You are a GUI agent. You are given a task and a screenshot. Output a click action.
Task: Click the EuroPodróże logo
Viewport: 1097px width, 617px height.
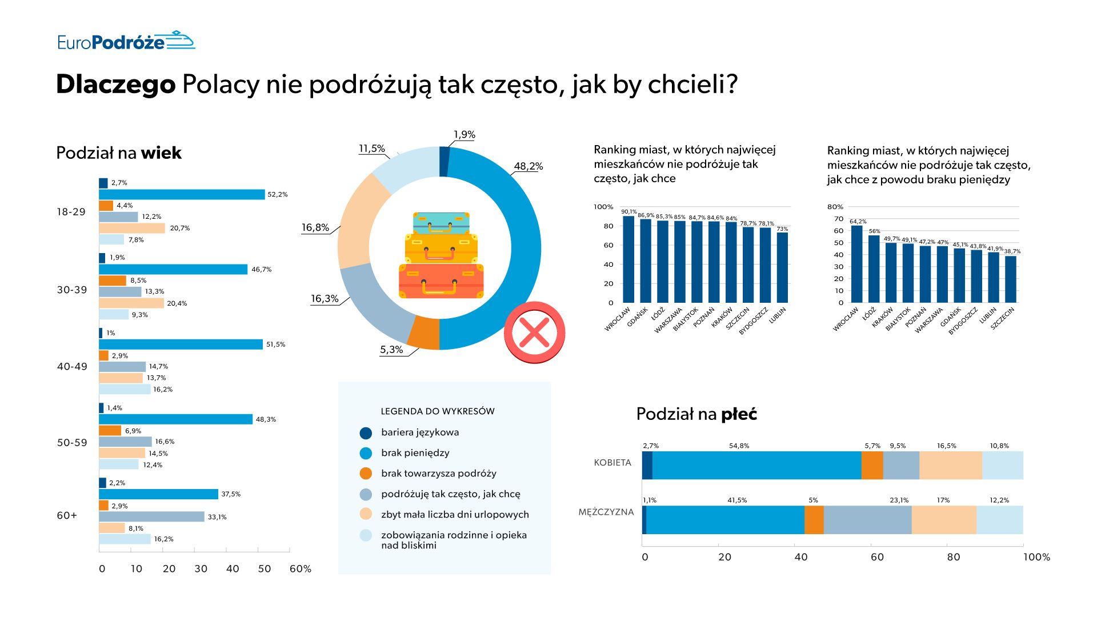click(126, 41)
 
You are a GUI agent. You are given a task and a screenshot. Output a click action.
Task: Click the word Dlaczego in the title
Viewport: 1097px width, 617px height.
click(115, 85)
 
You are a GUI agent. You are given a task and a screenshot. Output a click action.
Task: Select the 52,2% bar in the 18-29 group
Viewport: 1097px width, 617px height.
click(182, 194)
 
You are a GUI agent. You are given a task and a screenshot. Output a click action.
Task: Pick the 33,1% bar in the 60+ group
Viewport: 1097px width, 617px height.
click(151, 516)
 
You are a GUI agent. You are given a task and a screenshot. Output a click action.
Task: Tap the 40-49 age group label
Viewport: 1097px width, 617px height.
click(72, 366)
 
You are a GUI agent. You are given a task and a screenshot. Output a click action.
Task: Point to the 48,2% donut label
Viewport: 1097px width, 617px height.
click(528, 166)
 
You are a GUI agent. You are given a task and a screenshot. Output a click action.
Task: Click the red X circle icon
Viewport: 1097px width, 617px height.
click(534, 332)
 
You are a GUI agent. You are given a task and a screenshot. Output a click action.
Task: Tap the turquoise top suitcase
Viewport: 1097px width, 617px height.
click(441, 222)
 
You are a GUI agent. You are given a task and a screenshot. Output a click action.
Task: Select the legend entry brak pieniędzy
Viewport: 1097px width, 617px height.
click(415, 453)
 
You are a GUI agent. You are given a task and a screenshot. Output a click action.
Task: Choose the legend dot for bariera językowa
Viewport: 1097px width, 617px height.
click(366, 433)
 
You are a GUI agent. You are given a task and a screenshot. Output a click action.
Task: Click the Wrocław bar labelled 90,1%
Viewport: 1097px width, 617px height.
click(628, 260)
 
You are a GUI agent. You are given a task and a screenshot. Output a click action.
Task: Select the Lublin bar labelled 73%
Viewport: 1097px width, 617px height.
click(782, 267)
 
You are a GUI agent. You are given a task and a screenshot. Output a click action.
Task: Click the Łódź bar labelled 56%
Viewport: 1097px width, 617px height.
click(874, 269)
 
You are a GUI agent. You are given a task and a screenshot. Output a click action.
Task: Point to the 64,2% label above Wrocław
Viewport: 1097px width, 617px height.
click(858, 221)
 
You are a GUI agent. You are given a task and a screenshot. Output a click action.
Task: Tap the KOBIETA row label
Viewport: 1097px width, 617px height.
click(612, 463)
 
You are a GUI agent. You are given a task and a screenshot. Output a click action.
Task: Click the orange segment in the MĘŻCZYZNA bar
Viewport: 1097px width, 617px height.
click(814, 519)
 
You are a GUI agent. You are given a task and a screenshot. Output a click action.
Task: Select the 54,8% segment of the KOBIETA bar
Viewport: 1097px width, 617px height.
click(756, 465)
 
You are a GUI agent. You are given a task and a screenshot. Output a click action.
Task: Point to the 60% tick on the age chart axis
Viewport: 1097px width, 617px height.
click(300, 569)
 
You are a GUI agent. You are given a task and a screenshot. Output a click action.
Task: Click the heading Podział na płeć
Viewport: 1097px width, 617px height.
click(696, 414)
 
